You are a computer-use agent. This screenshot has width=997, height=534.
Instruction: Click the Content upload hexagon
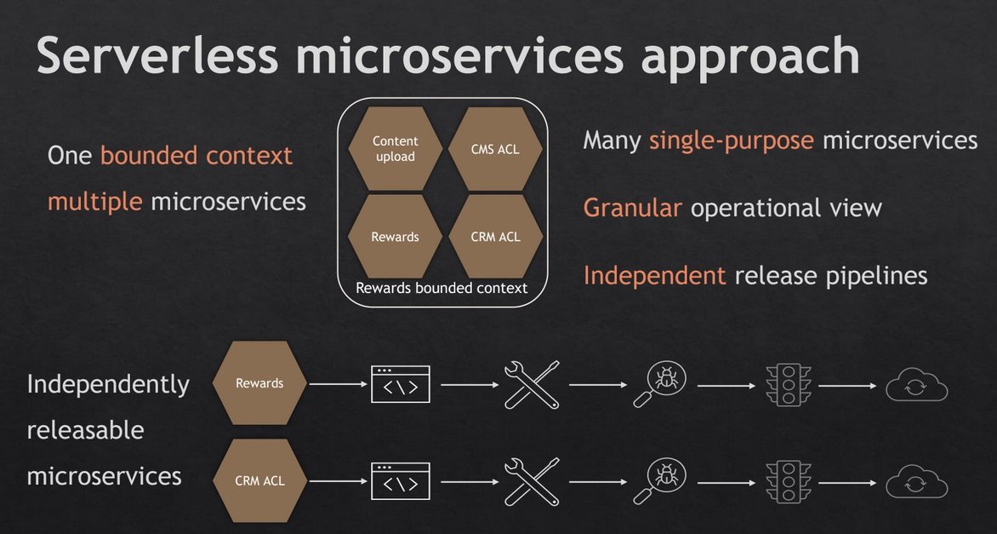pos(396,148)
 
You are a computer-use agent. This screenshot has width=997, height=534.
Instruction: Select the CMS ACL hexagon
pos(495,148)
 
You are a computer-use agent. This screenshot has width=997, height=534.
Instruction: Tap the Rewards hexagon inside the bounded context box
pos(396,236)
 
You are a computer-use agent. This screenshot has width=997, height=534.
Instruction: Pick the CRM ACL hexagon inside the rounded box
pos(495,236)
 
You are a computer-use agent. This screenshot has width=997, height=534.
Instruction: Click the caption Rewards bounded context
pos(442,288)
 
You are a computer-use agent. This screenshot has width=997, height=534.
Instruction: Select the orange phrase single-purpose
pos(732,141)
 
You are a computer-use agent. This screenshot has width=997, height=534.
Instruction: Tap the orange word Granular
pos(633,208)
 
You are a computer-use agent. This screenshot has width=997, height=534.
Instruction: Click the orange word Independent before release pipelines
pos(654,276)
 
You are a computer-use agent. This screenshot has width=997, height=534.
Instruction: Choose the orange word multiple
pos(94,202)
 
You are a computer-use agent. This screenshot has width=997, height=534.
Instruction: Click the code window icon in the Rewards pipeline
pos(401,384)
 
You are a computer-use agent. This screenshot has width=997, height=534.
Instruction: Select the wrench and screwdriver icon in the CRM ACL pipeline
pos(533,482)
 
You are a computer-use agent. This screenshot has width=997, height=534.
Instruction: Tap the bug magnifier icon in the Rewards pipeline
pos(660,385)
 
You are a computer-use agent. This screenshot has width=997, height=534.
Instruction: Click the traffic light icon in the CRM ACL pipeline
pos(789,482)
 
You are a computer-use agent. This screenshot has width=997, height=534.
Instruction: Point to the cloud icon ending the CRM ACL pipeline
pos(916,483)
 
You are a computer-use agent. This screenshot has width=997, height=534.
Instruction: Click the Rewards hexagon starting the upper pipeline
pos(259,383)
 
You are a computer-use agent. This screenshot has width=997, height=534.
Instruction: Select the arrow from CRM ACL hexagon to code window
pos(339,482)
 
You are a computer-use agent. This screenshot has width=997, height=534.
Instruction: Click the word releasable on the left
pos(85,430)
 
